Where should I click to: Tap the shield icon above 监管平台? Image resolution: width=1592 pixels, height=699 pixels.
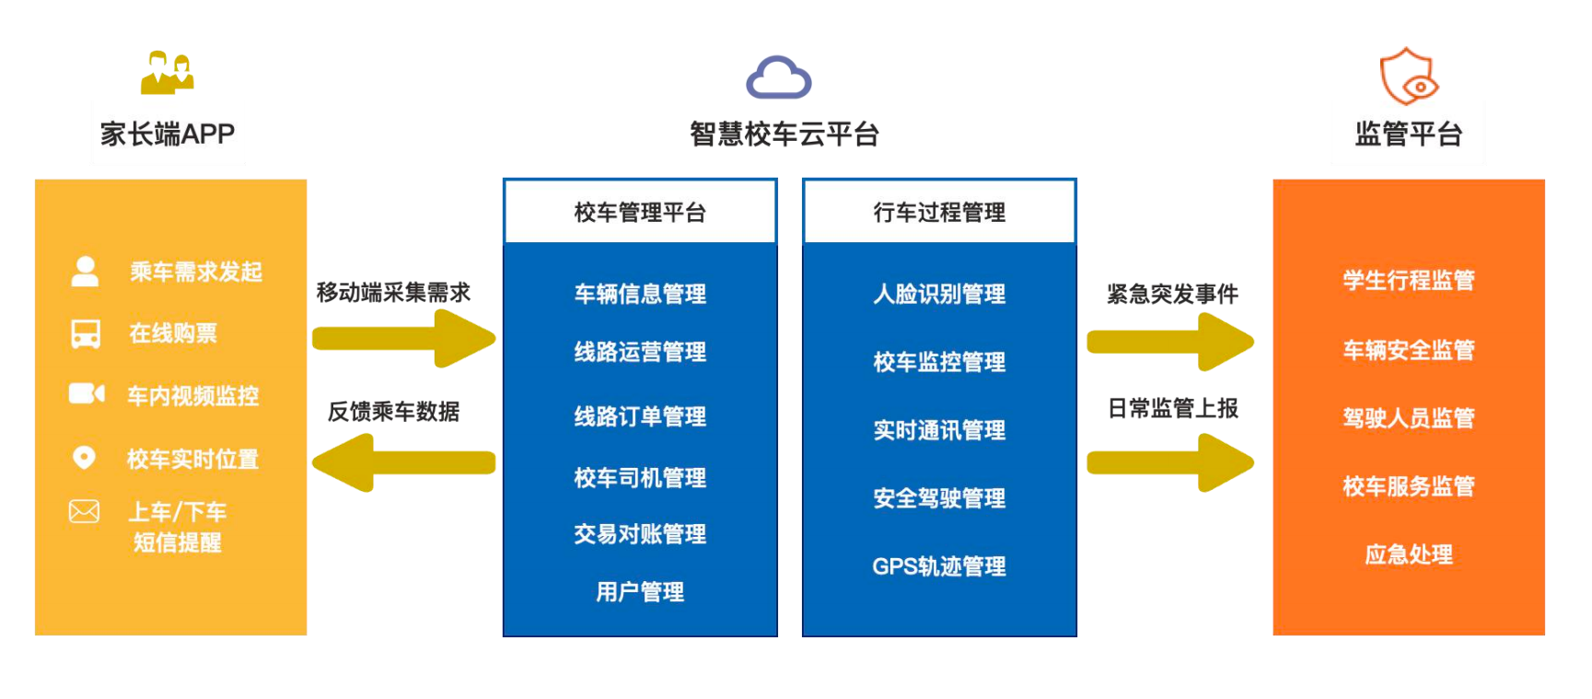point(1408,76)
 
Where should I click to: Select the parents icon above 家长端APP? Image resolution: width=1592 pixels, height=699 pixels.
point(167,73)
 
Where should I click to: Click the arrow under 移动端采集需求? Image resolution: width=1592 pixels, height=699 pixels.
point(403,338)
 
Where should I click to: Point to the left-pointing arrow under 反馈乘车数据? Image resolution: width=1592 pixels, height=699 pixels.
point(403,462)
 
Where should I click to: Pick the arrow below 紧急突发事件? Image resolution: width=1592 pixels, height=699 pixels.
point(1169,342)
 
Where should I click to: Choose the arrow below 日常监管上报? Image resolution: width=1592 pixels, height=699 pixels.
point(1169,462)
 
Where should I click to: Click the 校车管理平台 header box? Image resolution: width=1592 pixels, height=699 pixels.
point(640,212)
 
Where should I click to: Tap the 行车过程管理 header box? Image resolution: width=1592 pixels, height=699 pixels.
point(939,212)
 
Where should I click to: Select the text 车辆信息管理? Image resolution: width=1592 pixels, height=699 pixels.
point(640,294)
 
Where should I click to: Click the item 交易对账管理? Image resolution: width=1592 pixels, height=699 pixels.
point(640,534)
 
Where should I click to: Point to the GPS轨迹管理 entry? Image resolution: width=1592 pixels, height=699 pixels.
point(939,566)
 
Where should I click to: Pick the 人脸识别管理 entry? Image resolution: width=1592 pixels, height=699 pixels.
point(939,294)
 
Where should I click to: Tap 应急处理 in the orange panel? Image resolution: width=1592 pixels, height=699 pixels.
point(1408,554)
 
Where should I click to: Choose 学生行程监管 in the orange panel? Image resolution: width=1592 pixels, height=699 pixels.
point(1408,280)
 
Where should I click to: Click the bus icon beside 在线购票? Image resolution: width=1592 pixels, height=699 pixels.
point(86,333)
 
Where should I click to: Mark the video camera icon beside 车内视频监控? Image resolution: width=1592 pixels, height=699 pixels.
point(87,394)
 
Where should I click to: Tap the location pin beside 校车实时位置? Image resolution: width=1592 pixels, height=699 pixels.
point(84,457)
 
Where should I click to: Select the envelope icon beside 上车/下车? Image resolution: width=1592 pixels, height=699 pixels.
point(84,511)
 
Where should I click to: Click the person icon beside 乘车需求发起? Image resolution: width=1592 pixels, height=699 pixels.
point(85,271)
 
